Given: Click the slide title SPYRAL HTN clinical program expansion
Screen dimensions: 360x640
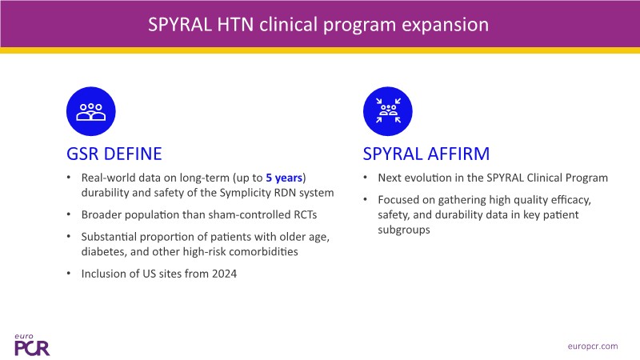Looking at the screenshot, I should pyautogui.click(x=318, y=25).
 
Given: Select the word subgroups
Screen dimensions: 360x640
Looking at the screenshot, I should pyautogui.click(x=408, y=230).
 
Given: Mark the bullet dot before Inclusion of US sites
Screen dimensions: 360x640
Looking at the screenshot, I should pyautogui.click(x=70, y=274).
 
